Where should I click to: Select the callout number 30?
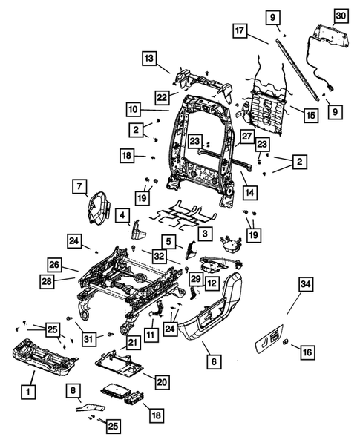click(341, 15)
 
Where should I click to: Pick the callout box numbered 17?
click(239, 31)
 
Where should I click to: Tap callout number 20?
click(161, 381)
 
